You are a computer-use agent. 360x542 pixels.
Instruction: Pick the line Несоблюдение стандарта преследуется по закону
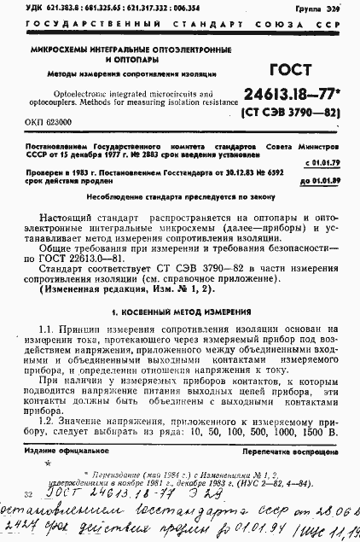179,195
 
